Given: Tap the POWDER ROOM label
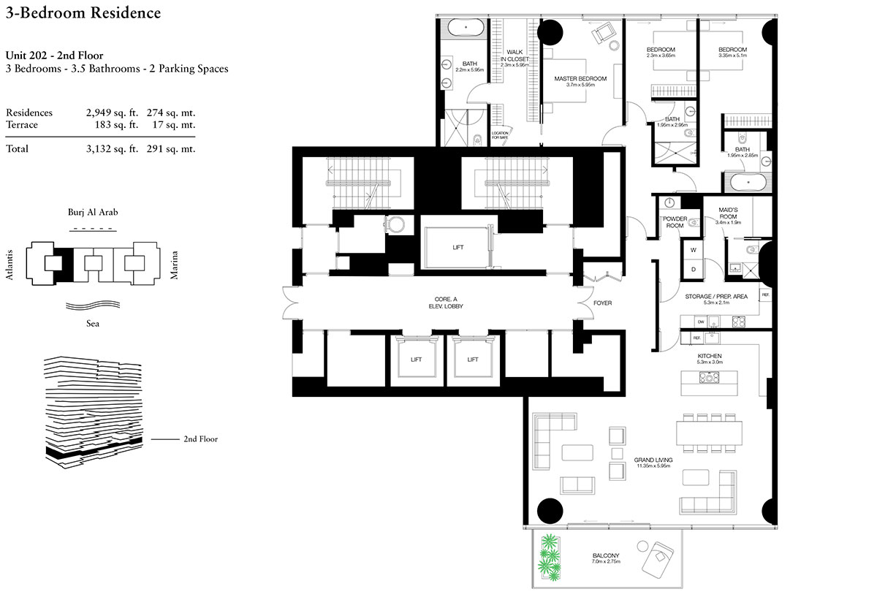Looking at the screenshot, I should click(673, 222).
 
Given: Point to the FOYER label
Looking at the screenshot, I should click(602, 303).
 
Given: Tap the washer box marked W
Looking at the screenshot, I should click(693, 249).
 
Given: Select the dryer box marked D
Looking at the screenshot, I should click(693, 269).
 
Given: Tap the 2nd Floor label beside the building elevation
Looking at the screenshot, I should click(200, 439).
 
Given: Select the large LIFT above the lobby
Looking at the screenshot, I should click(458, 247).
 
